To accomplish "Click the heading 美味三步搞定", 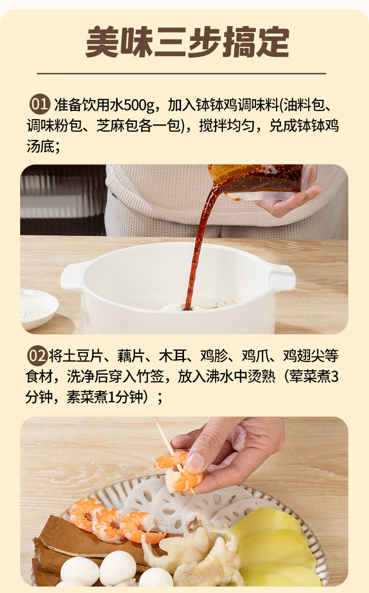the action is click(x=187, y=42).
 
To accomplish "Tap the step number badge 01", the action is click(x=39, y=104).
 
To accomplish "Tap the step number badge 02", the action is click(x=37, y=356).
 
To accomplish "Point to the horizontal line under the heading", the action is click(x=182, y=73).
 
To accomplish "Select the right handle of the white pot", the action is click(x=282, y=278).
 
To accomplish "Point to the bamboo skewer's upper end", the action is click(x=154, y=418).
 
